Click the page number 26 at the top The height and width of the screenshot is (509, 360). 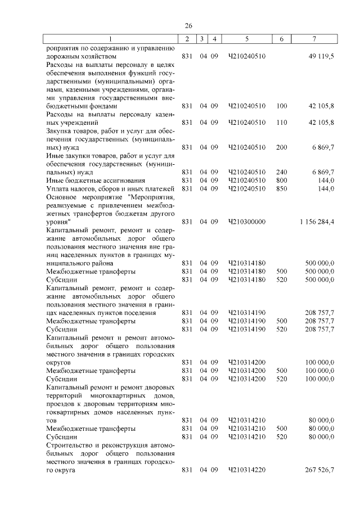[188, 26]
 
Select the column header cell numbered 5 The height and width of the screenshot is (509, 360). [247, 39]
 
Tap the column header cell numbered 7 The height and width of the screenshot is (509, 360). [315, 39]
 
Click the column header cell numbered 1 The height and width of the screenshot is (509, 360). [110, 39]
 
